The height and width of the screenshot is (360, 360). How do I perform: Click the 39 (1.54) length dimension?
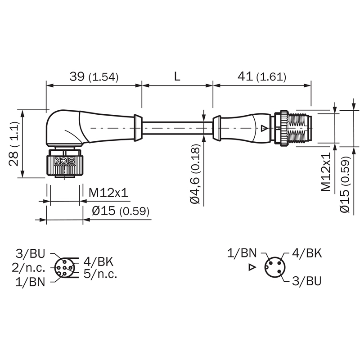94,76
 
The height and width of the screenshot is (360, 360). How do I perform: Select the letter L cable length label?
177,76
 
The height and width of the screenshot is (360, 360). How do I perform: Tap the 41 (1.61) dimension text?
262,76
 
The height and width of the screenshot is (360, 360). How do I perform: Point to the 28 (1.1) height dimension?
13,144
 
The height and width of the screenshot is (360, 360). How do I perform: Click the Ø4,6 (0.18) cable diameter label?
195,174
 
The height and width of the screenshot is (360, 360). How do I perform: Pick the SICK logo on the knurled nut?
65,161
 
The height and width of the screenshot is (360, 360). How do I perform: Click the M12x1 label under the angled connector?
108,193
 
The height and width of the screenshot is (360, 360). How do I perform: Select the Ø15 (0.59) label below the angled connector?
121,211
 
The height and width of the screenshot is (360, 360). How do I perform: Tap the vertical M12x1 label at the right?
325,172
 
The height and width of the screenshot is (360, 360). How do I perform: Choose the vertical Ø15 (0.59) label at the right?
345,184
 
